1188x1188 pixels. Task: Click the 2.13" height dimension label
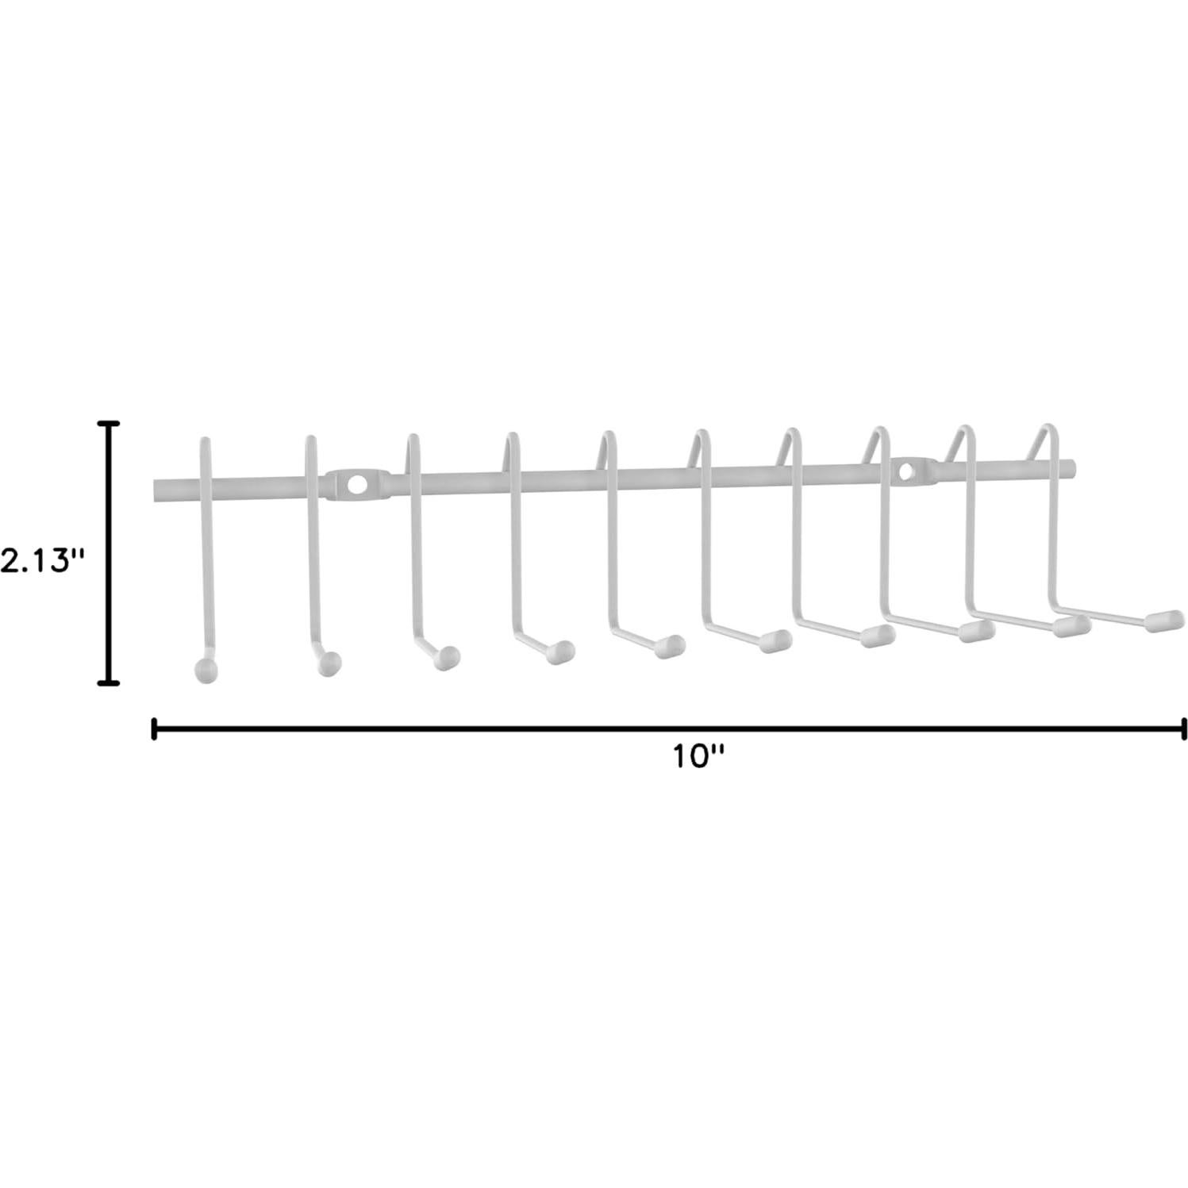(x=41, y=561)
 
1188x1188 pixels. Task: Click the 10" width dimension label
(x=700, y=756)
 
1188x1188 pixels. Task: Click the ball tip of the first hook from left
(x=206, y=669)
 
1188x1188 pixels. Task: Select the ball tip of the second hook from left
(x=328, y=663)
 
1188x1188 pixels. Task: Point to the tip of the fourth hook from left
(x=561, y=651)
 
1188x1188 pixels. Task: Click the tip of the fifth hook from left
(x=671, y=645)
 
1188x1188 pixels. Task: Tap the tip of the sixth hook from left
(x=775, y=640)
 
